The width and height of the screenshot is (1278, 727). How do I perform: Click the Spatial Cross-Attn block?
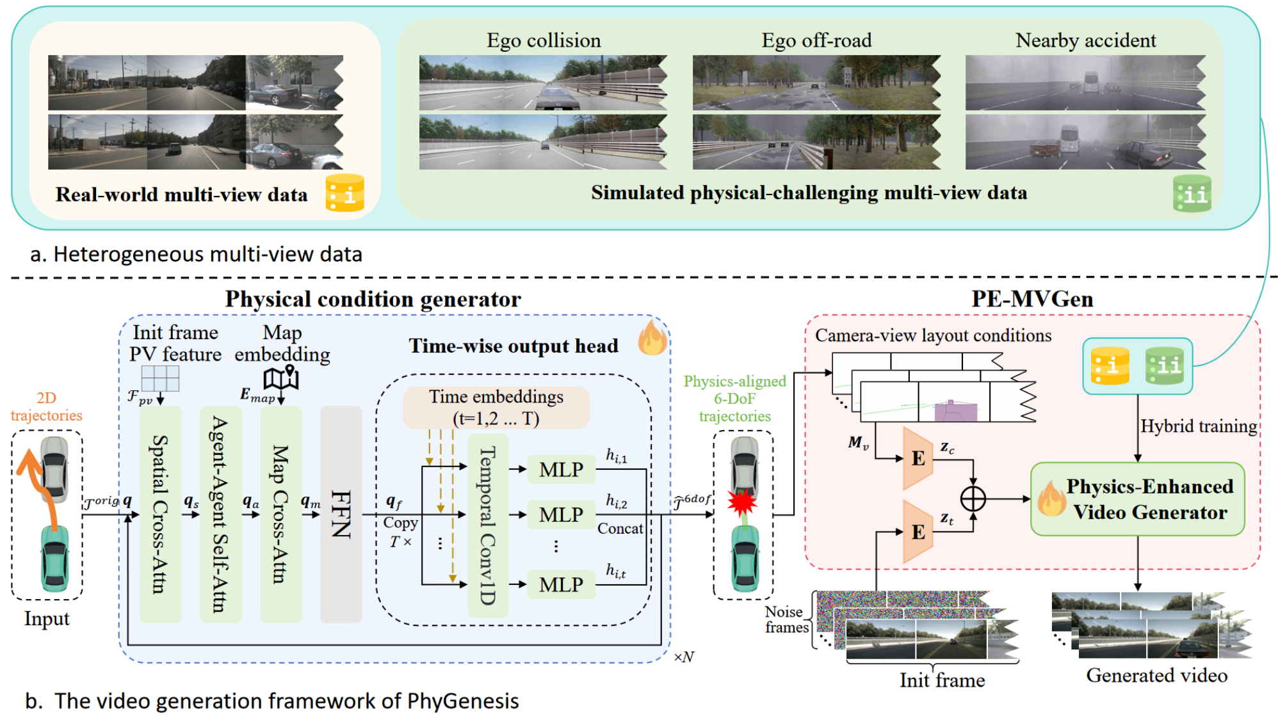[160, 514]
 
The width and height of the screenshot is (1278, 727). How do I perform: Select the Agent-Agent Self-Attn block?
[220, 514]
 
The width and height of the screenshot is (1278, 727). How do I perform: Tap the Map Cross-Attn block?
[280, 514]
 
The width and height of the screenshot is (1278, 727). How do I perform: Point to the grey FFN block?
[341, 514]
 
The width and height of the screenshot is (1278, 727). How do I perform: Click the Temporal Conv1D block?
[488, 525]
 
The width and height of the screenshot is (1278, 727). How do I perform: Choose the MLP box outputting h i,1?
[561, 470]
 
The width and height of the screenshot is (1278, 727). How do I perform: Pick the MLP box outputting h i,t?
[561, 584]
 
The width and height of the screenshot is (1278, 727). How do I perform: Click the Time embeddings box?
[496, 407]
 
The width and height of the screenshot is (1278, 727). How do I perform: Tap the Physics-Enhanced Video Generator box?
[1137, 499]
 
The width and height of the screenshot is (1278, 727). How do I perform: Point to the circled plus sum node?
[973, 499]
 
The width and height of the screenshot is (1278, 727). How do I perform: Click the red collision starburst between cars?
[743, 502]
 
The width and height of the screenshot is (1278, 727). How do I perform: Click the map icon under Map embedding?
[282, 378]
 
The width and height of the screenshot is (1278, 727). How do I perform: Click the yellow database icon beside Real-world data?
[345, 193]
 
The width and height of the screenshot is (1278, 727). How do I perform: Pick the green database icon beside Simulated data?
[1192, 193]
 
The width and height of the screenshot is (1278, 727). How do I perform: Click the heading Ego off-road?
[816, 40]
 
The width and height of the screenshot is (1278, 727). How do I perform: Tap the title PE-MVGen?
[1032, 300]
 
